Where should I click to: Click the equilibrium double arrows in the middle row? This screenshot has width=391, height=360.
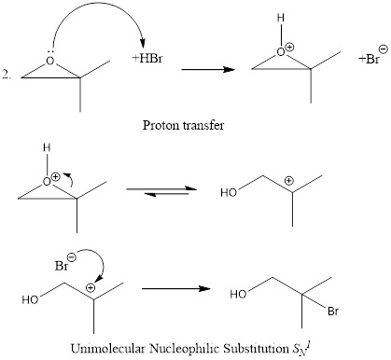[158, 190]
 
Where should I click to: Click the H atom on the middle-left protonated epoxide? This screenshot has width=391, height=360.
[45, 147]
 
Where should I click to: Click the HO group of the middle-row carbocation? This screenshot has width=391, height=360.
[228, 194]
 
